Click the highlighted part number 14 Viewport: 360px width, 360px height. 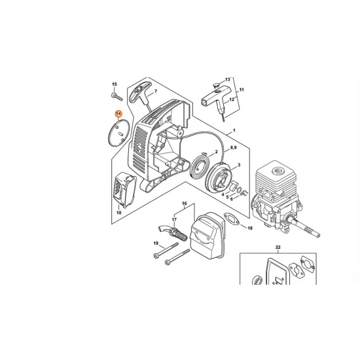coord(118,113)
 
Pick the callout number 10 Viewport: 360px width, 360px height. coord(118,213)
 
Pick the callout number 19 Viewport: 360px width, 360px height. coord(156,243)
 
